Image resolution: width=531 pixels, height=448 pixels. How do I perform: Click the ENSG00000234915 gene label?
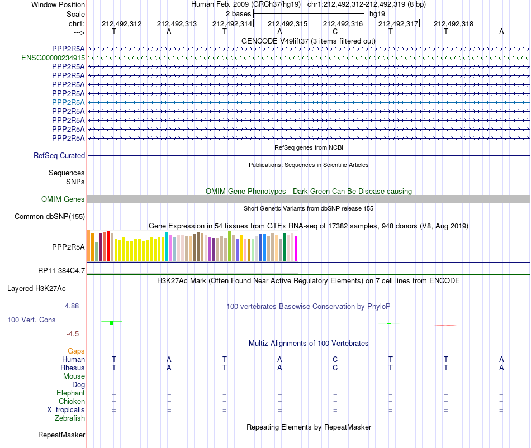click(53, 58)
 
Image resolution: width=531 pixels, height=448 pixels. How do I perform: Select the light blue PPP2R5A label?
click(68, 102)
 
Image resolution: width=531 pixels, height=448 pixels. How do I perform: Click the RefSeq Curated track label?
click(59, 156)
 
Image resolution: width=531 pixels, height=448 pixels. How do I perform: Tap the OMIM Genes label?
click(63, 199)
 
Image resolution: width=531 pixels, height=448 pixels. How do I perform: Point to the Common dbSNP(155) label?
click(50, 217)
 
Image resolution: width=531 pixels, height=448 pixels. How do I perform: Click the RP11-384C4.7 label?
click(61, 271)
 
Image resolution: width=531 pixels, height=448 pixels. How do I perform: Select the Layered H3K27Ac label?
click(36, 289)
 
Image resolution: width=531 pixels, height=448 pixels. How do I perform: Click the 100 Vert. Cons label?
click(31, 320)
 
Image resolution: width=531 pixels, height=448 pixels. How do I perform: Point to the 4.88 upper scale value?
click(72, 306)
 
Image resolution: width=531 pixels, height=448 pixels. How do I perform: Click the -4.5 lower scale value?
click(73, 334)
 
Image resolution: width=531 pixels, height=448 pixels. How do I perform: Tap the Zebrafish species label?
click(70, 418)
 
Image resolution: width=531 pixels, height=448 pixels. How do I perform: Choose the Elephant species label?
click(71, 393)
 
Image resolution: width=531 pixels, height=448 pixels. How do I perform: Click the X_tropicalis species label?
click(66, 410)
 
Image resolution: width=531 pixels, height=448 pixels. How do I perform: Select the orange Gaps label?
click(76, 351)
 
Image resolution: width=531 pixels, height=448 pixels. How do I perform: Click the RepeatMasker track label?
click(61, 435)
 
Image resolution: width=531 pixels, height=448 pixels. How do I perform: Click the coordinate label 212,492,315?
click(287, 23)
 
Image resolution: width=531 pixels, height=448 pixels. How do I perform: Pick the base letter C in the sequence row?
click(335, 31)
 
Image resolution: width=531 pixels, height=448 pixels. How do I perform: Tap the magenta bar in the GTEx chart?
click(296, 249)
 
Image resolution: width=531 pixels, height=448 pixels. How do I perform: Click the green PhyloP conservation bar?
click(112, 323)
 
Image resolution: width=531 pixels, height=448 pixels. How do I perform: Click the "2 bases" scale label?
click(239, 14)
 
